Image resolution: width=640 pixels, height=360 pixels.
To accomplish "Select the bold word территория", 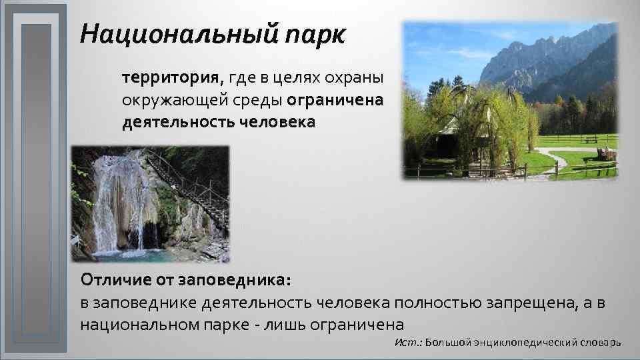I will click(x=172, y=77).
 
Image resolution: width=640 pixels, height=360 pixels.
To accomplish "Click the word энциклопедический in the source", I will click(x=522, y=343).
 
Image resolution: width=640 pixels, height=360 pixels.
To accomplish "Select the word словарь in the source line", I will click(x=597, y=342).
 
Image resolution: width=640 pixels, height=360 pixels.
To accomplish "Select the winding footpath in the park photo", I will click(x=553, y=160).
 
